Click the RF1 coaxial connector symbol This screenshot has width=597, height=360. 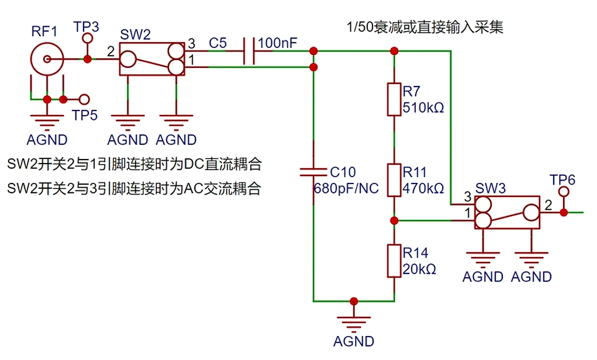click(x=44, y=59)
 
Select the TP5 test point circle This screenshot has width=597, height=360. click(x=85, y=99)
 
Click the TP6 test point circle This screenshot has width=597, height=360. click(x=564, y=192)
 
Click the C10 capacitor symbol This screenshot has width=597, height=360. click(x=313, y=172)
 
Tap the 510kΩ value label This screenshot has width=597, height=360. click(x=423, y=108)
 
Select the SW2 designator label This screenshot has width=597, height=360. click(x=135, y=34)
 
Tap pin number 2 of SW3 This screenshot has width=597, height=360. click(x=548, y=205)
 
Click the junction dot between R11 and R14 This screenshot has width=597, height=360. click(x=394, y=220)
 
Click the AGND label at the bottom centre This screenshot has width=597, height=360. click(x=354, y=341)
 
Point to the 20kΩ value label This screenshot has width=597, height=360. click(x=419, y=269)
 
